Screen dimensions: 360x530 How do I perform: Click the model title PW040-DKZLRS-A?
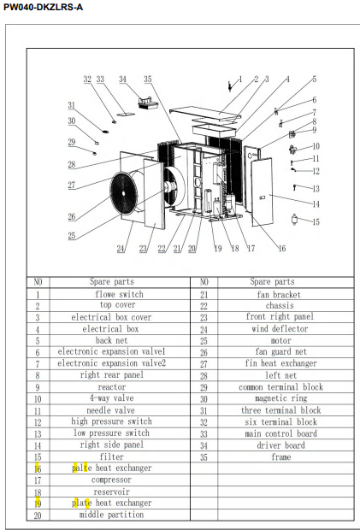click(43, 7)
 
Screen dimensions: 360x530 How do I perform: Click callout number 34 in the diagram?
click(122, 79)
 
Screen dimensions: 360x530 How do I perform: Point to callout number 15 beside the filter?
click(316, 222)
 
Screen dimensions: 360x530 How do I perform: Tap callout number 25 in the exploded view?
click(72, 236)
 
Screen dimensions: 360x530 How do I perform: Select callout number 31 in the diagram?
click(71, 105)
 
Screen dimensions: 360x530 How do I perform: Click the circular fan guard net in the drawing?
click(124, 193)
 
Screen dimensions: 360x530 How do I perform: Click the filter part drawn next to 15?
click(294, 220)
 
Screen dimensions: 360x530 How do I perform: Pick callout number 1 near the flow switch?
click(240, 79)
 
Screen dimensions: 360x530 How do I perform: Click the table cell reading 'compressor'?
click(111, 480)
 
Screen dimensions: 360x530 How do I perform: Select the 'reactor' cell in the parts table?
click(111, 387)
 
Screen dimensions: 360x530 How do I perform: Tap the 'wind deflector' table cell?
click(280, 328)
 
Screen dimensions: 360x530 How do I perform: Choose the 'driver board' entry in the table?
click(280, 445)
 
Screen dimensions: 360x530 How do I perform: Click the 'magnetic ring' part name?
click(280, 398)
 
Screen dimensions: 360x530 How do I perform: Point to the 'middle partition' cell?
click(111, 515)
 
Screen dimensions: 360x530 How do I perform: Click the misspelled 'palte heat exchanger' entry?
click(112, 468)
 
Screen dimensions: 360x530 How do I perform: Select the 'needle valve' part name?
click(110, 410)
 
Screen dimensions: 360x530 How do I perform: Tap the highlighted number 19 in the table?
click(38, 503)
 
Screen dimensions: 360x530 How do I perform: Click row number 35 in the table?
click(204, 457)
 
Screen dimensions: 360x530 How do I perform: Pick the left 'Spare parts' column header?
click(111, 281)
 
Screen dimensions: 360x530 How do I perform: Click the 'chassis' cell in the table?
click(280, 305)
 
